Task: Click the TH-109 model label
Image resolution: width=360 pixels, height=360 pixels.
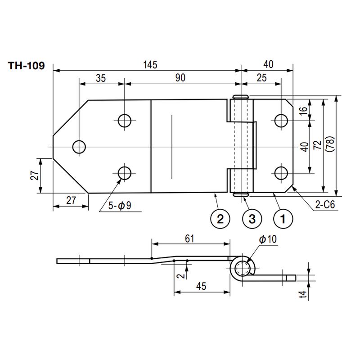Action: [x=27, y=66]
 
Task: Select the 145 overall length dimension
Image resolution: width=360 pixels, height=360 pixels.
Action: [x=150, y=65]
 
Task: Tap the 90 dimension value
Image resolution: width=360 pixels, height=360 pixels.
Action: [x=180, y=78]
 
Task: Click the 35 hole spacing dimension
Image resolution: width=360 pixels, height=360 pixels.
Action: [x=101, y=78]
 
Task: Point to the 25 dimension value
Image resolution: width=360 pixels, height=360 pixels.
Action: [x=262, y=78]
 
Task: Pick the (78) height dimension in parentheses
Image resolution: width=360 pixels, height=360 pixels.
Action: [x=330, y=144]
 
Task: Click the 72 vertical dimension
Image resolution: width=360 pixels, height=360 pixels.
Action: [x=318, y=145]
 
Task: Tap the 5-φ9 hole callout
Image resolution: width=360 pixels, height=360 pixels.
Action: [x=120, y=205]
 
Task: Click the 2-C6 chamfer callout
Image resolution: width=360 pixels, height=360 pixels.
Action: [x=325, y=204]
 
